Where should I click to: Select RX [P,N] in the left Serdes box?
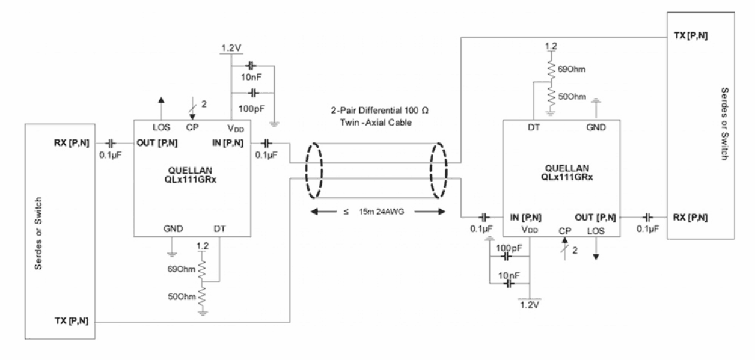pos(72,144)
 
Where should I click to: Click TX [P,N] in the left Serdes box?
pos(72,322)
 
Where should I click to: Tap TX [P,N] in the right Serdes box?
pos(688,36)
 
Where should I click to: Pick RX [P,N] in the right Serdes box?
pos(688,216)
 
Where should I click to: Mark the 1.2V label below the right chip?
pos(530,304)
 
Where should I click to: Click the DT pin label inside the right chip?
pos(533,127)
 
